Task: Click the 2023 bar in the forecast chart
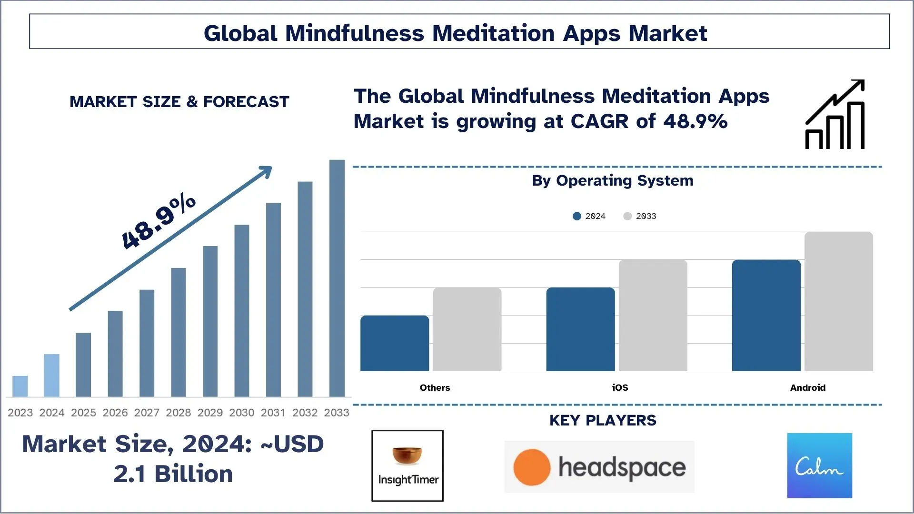tap(20, 386)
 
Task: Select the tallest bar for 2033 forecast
tap(337, 278)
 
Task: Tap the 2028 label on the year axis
tap(179, 413)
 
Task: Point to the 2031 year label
tap(273, 413)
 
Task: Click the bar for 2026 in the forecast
tap(115, 354)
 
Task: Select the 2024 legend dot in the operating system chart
tap(577, 216)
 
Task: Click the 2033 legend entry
tap(640, 216)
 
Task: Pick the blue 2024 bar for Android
tap(766, 315)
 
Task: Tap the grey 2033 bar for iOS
tap(653, 315)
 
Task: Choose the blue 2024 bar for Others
tap(395, 343)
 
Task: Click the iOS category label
tap(620, 388)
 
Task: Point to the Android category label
tap(808, 388)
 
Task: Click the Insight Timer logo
tap(407, 466)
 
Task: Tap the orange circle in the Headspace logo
tap(532, 467)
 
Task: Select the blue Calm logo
tap(820, 465)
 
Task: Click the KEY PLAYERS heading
tap(603, 421)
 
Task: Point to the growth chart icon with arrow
tap(835, 114)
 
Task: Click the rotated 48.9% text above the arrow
tap(159, 221)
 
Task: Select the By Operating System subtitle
tap(613, 181)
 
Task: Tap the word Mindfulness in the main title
tap(355, 33)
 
